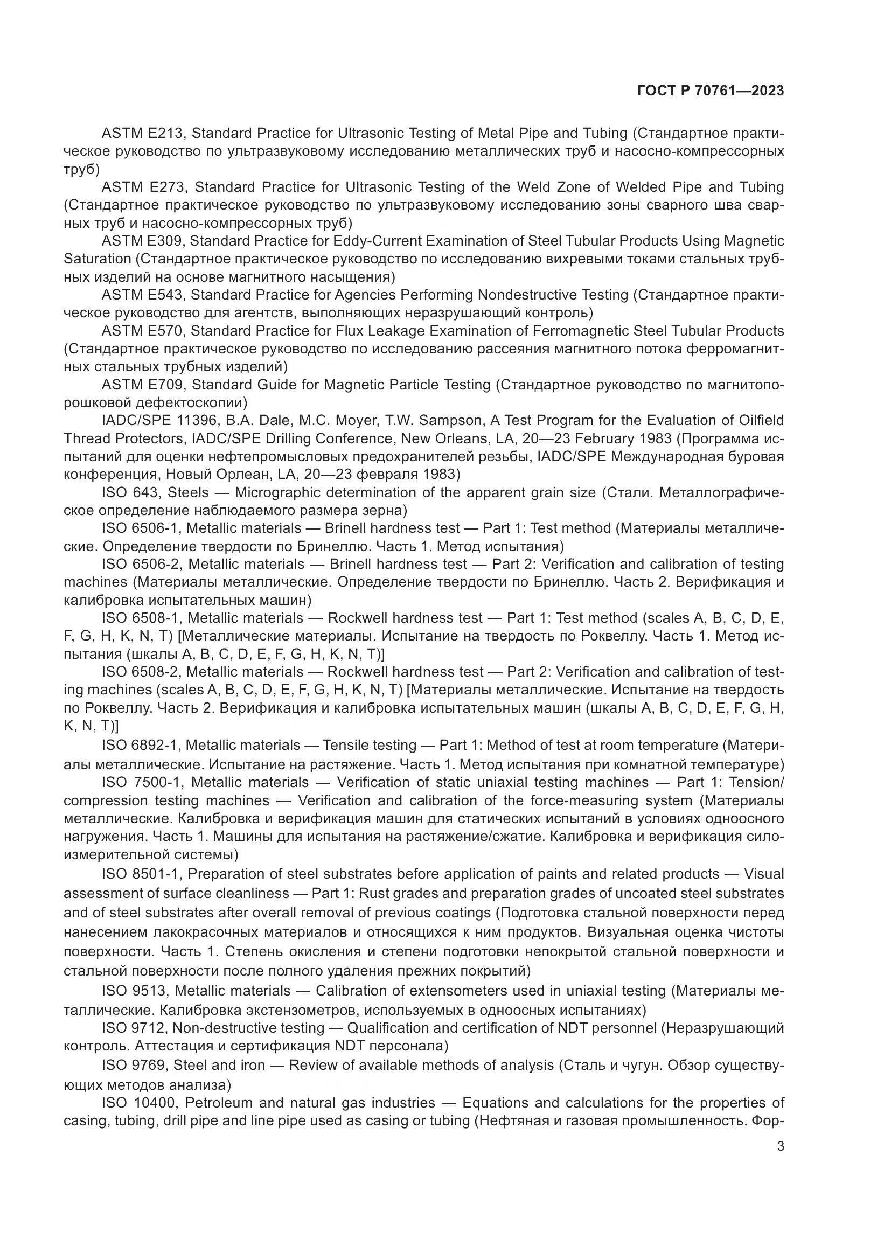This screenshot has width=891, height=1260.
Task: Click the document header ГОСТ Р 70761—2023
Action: (x=711, y=91)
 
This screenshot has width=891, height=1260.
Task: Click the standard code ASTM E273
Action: (x=144, y=187)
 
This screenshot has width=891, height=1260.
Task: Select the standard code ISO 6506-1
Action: (x=141, y=528)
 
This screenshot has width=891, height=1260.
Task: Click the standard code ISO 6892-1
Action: (x=140, y=745)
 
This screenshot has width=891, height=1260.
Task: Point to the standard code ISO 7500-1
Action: (x=142, y=782)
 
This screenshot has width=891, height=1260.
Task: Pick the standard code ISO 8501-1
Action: (x=141, y=874)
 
